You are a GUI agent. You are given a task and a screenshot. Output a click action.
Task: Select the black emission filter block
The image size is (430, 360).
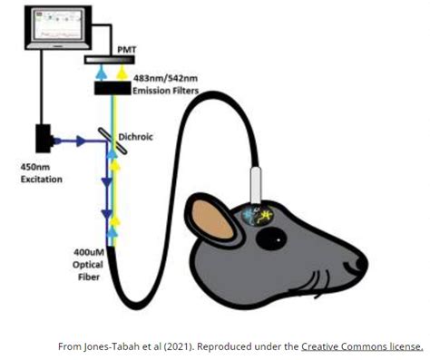pos(121,88)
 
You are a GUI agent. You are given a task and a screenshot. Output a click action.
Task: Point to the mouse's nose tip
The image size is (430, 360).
pos(363,263)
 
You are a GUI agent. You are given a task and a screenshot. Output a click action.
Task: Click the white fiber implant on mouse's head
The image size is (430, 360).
pos(256,186)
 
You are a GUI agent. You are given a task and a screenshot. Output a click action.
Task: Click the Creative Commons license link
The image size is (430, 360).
pos(362,345)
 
